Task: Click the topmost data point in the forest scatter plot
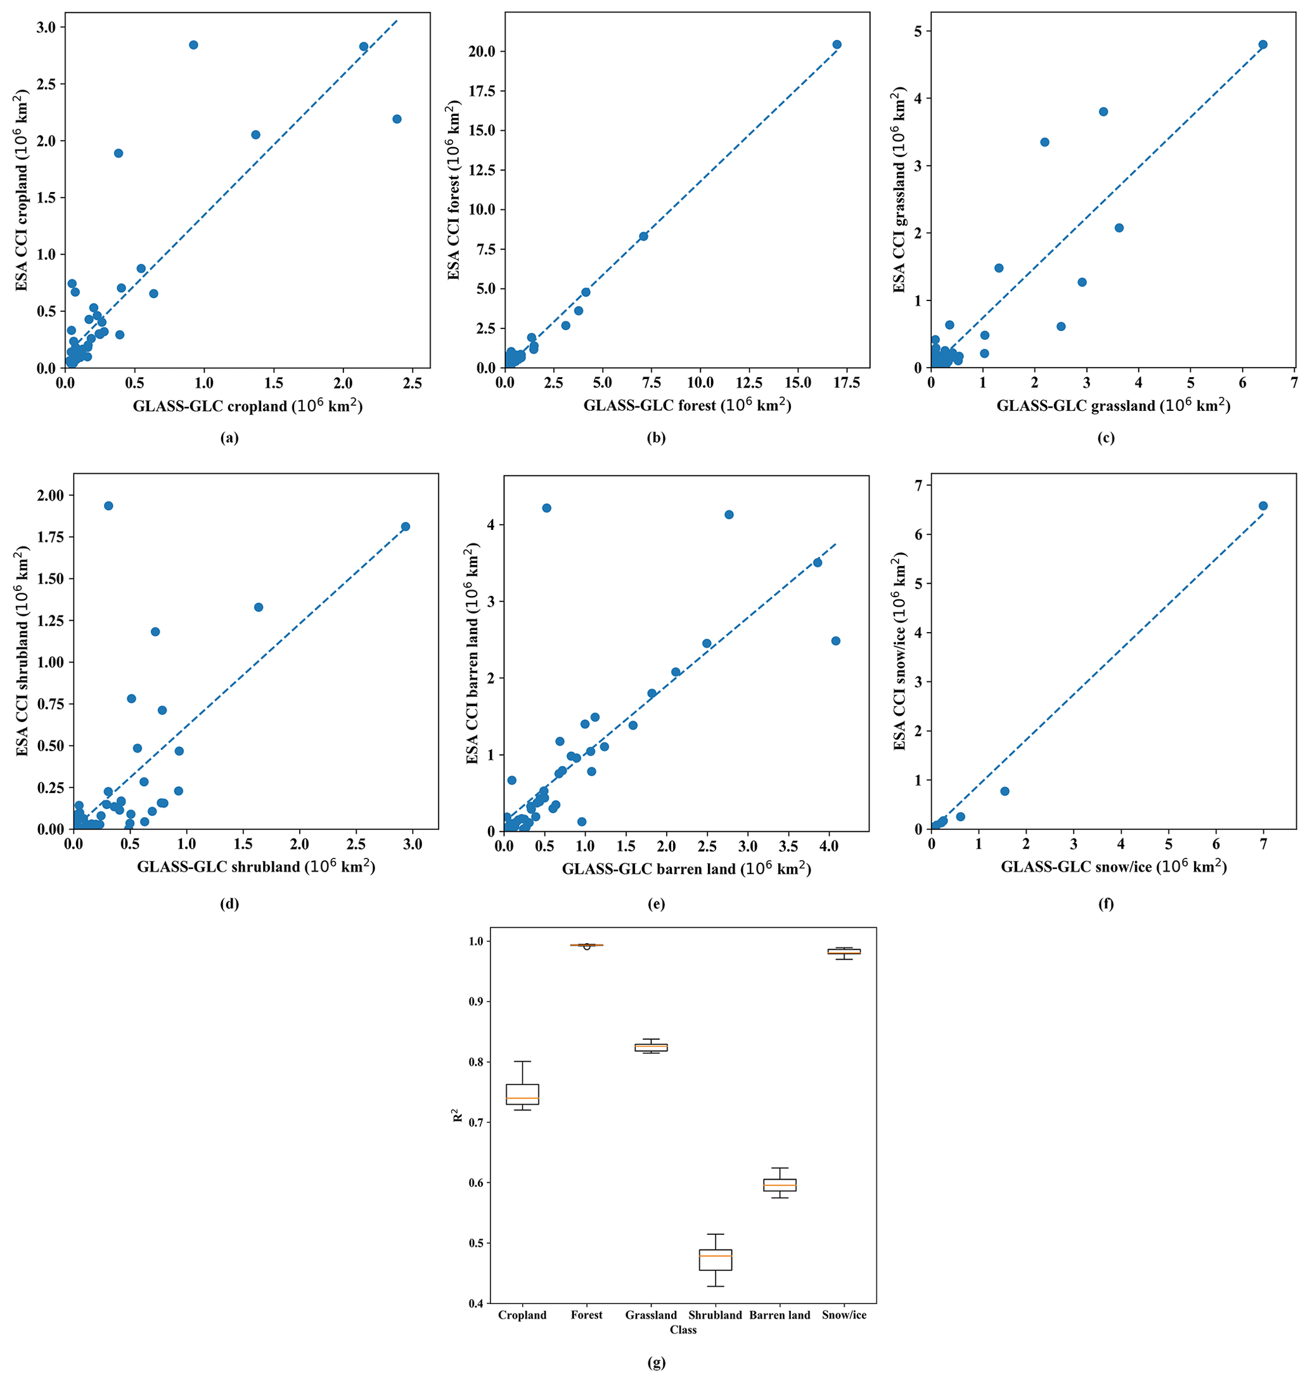pos(837,45)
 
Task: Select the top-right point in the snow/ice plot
pos(1263,506)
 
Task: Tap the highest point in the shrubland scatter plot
pos(108,506)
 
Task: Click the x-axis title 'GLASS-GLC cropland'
pos(248,406)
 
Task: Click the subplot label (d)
pos(229,903)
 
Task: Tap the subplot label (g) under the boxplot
pos(656,1362)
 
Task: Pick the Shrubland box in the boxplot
pos(715,1260)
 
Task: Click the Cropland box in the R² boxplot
pos(522,1094)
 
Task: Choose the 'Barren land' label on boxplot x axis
pos(780,1315)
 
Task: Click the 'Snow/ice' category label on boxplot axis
pos(844,1315)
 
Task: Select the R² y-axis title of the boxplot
pos(458,1114)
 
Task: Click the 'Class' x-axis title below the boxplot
pos(683,1329)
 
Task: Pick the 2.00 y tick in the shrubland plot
pos(49,495)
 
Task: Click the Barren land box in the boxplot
pos(780,1185)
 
